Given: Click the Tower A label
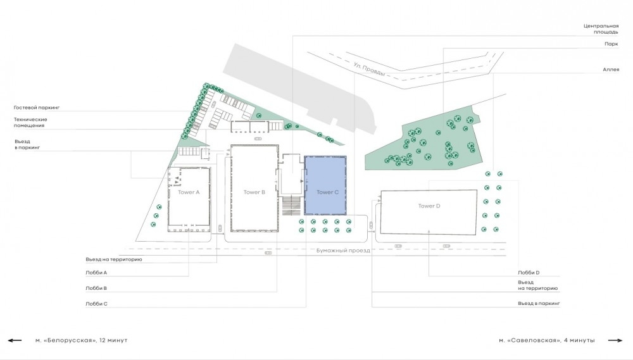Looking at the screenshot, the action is (189, 192).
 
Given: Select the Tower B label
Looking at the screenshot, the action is (254, 192).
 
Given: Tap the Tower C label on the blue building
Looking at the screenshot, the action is (327, 192).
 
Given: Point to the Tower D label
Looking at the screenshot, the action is (429, 206).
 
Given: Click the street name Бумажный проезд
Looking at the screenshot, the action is (343, 250).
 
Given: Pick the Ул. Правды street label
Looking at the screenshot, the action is (369, 69).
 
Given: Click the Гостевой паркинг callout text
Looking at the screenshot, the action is (37, 108).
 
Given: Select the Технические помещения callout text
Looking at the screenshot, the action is (30, 122).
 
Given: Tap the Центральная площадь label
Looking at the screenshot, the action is (601, 28).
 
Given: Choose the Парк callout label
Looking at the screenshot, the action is (611, 44).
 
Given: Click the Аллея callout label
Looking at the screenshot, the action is (611, 70).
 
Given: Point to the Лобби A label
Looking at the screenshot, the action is (96, 273).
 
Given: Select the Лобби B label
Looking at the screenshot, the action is (96, 288).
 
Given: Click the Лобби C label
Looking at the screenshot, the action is (96, 304).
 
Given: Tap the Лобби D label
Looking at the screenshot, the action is (529, 273).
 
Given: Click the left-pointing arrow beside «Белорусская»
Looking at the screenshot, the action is (15, 340).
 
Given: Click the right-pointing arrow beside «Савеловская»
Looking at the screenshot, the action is (615, 340).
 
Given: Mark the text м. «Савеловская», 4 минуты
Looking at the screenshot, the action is (547, 340).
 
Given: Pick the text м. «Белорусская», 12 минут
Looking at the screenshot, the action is (81, 340).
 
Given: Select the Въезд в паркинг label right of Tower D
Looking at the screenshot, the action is (539, 304).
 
